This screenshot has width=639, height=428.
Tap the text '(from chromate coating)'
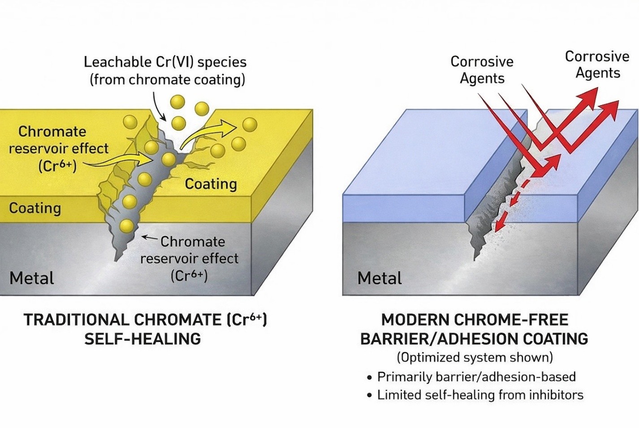(167, 80)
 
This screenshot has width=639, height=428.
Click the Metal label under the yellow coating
(31, 278)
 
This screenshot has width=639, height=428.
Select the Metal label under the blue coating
(379, 278)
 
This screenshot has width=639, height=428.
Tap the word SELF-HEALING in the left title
(142, 339)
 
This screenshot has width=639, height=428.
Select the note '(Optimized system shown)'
(475, 358)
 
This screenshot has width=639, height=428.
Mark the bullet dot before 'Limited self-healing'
(369, 395)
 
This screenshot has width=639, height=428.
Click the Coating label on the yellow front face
(35, 208)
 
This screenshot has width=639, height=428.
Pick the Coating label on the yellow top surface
(211, 184)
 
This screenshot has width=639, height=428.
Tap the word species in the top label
(222, 62)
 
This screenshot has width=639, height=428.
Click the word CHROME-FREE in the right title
(511, 320)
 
